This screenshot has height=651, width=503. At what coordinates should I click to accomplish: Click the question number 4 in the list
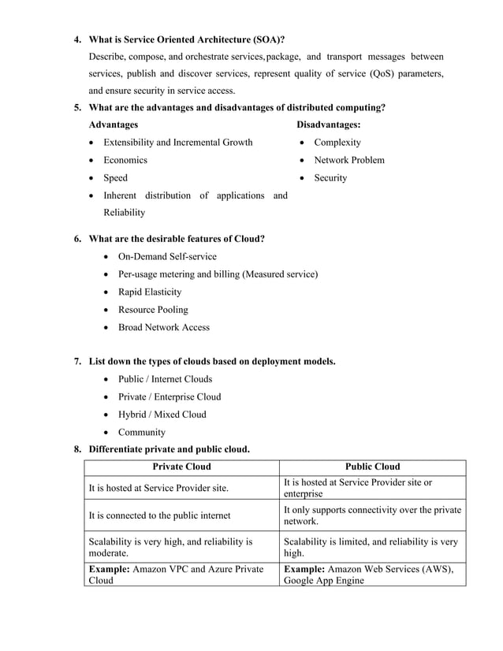click(77, 39)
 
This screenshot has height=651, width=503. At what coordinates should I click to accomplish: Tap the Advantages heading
click(114, 125)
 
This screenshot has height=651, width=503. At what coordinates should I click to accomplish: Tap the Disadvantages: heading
click(329, 125)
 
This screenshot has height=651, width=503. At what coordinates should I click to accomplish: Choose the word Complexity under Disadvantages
click(337, 143)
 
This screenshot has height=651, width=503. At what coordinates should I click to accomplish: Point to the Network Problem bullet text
click(349, 160)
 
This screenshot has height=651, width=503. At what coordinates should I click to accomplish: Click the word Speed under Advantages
click(116, 178)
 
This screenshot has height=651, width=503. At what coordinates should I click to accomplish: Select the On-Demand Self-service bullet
click(167, 256)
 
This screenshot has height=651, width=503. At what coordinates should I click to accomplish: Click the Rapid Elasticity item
click(150, 292)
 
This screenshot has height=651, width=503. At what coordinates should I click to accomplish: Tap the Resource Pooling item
click(153, 310)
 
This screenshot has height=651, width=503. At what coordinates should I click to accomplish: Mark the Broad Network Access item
click(164, 327)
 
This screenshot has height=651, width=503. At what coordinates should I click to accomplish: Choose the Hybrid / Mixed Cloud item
click(162, 415)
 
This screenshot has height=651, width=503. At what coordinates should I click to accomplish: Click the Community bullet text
click(142, 432)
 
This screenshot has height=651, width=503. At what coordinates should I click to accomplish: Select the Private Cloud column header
click(181, 467)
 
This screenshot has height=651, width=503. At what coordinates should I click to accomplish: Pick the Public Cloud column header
click(373, 467)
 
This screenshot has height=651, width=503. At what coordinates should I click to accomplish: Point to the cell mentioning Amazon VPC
click(181, 575)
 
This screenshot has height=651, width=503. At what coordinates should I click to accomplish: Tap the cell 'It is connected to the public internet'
click(160, 515)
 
